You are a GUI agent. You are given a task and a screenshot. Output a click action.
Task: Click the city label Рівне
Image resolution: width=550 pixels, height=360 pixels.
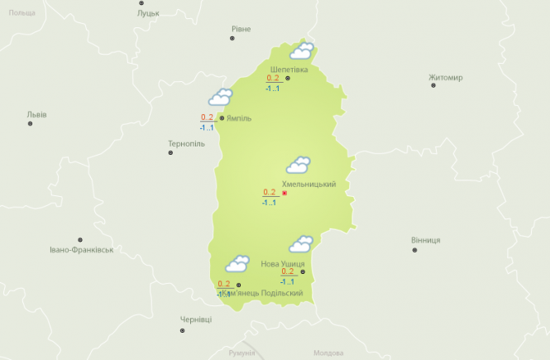(x=240, y=29)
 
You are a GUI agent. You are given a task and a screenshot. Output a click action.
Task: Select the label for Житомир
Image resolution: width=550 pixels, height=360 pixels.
(x=445, y=78)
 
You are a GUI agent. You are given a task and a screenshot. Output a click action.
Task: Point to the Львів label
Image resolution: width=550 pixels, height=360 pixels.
(x=36, y=114)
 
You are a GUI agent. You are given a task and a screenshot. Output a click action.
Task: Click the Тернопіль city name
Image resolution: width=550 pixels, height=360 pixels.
(x=186, y=143)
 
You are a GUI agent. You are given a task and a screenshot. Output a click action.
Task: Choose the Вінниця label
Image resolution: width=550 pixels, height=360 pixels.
(x=425, y=240)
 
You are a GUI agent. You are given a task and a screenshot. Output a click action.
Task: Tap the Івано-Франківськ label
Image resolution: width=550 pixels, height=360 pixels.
(x=81, y=249)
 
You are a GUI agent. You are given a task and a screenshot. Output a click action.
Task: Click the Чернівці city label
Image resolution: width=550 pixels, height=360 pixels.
(x=196, y=319)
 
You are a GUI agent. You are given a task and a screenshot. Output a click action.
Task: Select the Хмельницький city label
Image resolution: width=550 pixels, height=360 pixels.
(x=308, y=184)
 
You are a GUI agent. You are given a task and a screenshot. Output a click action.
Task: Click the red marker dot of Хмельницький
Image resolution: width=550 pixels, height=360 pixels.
(x=285, y=193)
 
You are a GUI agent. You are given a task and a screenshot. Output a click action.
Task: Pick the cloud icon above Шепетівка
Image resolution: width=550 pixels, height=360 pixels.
(x=301, y=51)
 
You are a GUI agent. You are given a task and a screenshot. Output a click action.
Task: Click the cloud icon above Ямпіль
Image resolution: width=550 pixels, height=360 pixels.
(x=220, y=98)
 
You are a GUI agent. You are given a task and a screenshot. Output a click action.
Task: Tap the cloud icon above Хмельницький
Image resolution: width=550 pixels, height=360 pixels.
(x=298, y=165)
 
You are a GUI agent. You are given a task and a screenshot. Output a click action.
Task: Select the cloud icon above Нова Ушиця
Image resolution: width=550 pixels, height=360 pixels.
(x=300, y=244)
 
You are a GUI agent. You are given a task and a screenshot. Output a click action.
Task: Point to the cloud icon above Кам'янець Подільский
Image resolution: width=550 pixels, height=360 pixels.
(x=238, y=264)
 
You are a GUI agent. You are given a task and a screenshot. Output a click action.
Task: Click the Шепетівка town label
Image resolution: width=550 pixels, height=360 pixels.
(x=289, y=69)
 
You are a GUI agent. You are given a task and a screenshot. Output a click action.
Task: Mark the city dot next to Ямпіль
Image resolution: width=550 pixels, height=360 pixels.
(x=222, y=118)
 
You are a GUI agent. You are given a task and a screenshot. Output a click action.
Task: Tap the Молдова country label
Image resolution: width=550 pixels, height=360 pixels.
(x=328, y=353)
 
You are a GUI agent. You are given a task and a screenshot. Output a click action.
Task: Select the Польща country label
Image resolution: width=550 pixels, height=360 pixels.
(x=22, y=13)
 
